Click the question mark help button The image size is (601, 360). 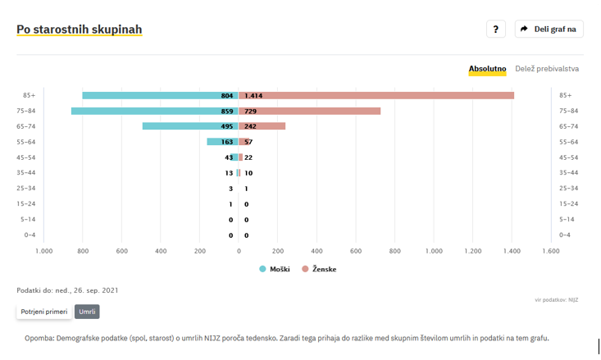coord(495,30)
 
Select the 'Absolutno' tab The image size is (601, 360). coord(487,69)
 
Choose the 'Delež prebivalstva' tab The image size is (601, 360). coord(547,69)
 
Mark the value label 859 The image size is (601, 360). coord(227,111)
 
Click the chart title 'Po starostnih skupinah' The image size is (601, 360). coord(80,30)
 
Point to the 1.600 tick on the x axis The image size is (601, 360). coord(550,251)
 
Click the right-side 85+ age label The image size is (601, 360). coord(566,95)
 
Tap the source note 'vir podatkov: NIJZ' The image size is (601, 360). coord(557,300)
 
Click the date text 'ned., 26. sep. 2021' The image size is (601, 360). coord(85,290)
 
